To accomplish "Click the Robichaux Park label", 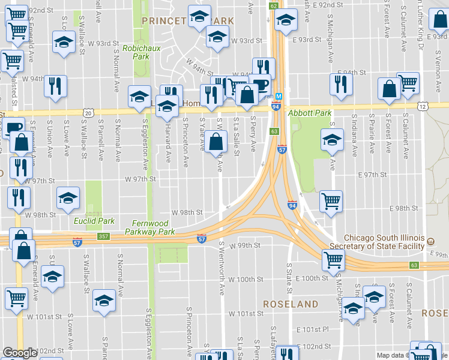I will click(x=136, y=52).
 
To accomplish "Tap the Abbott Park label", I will click(x=310, y=113).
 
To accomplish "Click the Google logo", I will click(x=20, y=353).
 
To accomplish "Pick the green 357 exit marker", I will click(x=103, y=237).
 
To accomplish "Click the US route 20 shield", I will click(x=89, y=112).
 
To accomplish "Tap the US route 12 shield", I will click(x=423, y=106).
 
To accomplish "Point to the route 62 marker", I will click(x=274, y=5).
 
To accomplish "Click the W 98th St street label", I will click(x=187, y=212).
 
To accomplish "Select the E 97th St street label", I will click(x=372, y=174).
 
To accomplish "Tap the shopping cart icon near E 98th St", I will click(x=331, y=202).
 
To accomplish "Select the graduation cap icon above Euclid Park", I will click(x=68, y=197).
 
